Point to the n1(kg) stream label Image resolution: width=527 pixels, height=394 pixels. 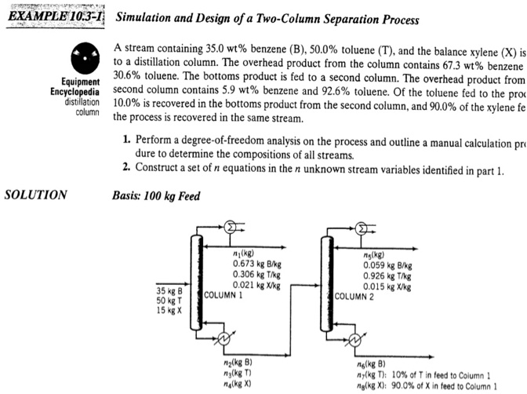pos(245,253)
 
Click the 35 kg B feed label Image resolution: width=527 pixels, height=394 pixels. pos(169,290)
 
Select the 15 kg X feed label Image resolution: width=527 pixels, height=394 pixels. pos(169,311)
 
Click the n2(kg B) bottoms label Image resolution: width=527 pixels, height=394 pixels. pos(238,364)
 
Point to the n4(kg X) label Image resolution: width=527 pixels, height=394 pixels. pos(238,385)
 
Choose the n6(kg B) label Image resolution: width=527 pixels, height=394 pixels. pos(370,364)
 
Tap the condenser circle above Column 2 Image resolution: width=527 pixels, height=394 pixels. pos(362,228)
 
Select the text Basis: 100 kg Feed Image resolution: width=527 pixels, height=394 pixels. pos(154,195)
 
